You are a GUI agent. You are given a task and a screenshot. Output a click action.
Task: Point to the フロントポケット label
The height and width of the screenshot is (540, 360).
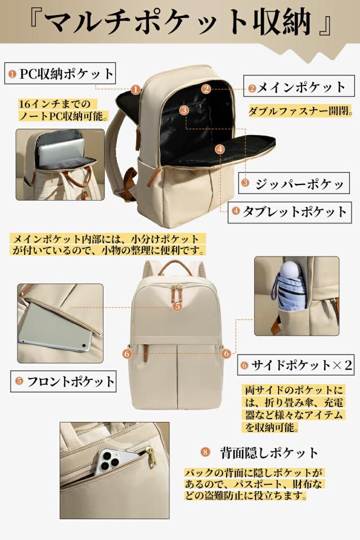(x=64, y=381)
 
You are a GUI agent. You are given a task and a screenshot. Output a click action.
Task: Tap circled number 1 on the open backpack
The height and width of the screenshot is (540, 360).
(x=135, y=89)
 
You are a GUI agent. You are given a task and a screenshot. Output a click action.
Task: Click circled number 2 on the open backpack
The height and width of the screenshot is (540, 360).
(x=206, y=88)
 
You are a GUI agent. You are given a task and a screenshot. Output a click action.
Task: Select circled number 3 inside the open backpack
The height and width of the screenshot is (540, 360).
(x=184, y=110)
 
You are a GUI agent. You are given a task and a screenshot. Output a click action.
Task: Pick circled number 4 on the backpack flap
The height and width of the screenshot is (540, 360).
(x=220, y=149)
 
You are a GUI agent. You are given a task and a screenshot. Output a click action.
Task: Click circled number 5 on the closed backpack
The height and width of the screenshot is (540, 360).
(x=177, y=306)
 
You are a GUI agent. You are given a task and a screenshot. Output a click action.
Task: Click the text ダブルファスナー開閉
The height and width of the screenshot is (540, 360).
(x=300, y=111)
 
